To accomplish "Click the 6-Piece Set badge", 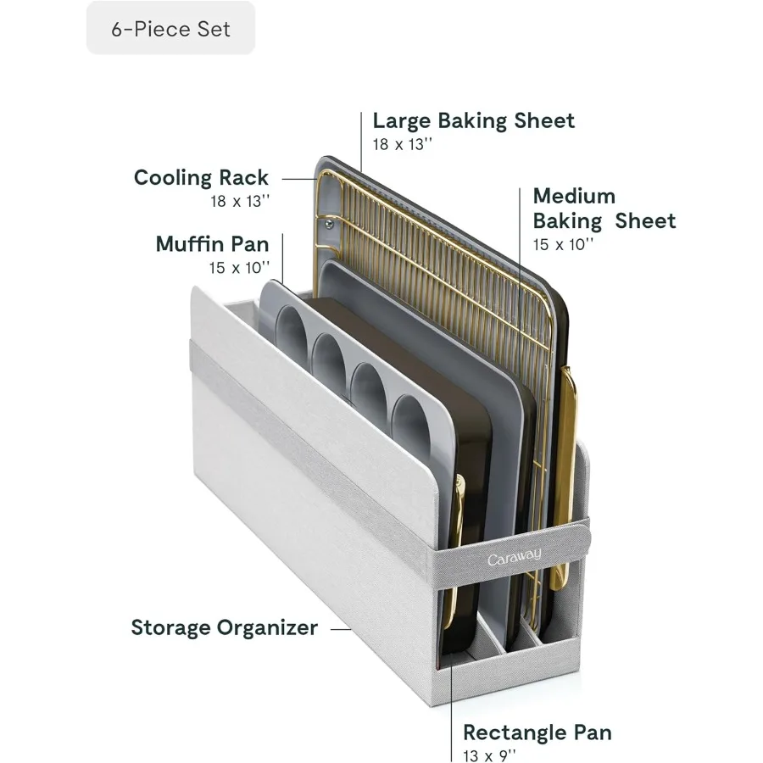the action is click(170, 28).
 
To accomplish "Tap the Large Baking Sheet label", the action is click(473, 121).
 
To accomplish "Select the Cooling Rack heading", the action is click(201, 178).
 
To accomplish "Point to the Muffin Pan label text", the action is click(212, 244).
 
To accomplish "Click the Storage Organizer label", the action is click(225, 627).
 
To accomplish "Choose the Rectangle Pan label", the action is click(537, 732).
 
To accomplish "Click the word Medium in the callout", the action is click(574, 196).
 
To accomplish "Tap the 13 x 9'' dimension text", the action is click(489, 755).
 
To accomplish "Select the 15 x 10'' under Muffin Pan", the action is click(239, 268).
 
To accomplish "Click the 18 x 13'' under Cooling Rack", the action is click(240, 201).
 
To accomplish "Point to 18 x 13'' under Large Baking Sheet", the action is click(403, 144).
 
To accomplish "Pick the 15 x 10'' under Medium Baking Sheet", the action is click(563, 244).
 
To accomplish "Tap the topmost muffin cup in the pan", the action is click(292, 331).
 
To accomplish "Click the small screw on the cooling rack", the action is click(329, 225).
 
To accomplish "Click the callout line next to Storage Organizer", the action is click(341, 629).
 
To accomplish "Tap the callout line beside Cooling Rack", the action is click(300, 179).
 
